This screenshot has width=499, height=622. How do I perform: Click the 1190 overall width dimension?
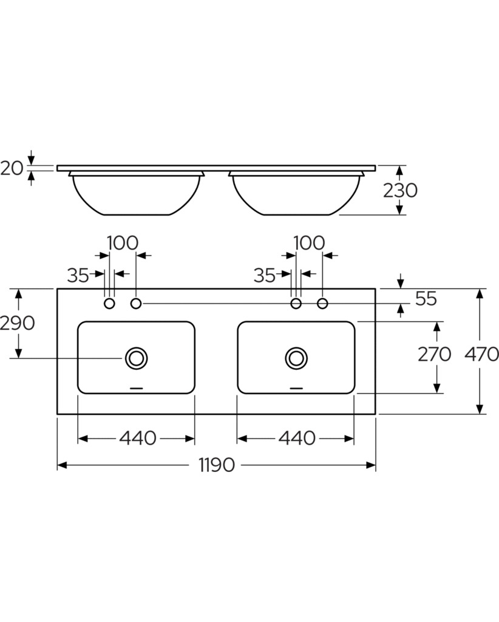click(x=217, y=465)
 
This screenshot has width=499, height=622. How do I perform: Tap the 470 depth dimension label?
click(x=481, y=354)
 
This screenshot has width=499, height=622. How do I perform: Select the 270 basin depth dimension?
click(x=435, y=354)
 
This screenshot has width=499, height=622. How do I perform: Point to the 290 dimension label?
click(x=18, y=323)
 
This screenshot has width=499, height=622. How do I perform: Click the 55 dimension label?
click(x=426, y=299)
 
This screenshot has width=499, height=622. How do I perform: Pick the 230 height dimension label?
click(x=400, y=190)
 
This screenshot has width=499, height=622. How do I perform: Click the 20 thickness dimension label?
click(x=12, y=169)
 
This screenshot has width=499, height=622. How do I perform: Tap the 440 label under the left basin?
click(x=138, y=438)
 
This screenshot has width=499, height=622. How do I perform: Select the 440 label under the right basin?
click(x=297, y=438)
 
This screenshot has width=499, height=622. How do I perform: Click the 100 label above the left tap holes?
click(x=123, y=243)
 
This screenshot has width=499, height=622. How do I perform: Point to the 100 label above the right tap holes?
click(x=309, y=243)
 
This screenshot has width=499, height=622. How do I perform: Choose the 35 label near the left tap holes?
click(x=78, y=275)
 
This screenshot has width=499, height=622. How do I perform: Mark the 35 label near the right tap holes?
click(x=264, y=275)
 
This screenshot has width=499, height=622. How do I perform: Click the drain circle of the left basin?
click(x=137, y=358)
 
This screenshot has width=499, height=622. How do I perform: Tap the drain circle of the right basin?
click(x=296, y=358)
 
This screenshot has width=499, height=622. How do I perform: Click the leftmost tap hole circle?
click(x=109, y=304)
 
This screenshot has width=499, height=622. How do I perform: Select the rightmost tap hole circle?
click(x=322, y=304)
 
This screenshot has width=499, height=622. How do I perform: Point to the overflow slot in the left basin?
click(x=137, y=388)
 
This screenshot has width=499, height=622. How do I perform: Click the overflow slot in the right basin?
click(x=296, y=388)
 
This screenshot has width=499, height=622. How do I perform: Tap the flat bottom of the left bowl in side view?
click(x=137, y=215)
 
